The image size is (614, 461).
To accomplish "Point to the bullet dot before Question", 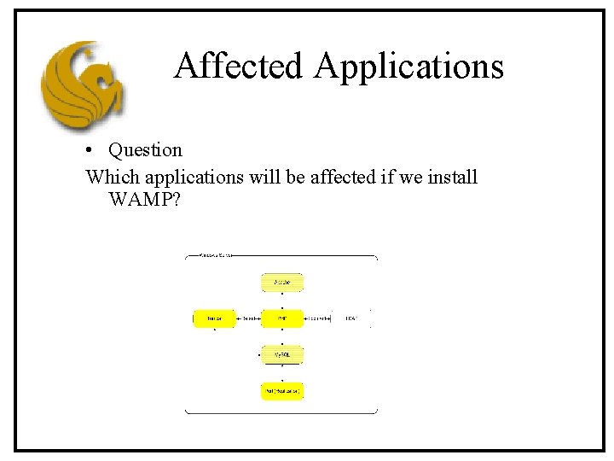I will click(x=90, y=151).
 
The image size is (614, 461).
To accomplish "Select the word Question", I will click(x=145, y=150).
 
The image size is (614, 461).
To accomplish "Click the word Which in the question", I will click(x=113, y=178).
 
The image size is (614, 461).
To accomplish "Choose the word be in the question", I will click(x=295, y=178).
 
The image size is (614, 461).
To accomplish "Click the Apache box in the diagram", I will click(x=282, y=282).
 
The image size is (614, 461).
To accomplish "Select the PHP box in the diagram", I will click(x=282, y=318).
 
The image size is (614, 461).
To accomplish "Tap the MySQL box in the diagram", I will click(x=282, y=354).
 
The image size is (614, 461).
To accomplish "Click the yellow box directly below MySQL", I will click(x=282, y=391).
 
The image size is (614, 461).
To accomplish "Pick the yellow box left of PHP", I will click(x=214, y=318).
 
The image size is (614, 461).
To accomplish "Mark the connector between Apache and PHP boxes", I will click(x=282, y=300).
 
